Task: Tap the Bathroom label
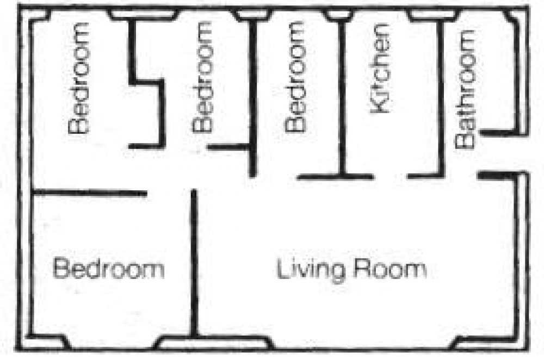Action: (x=465, y=89)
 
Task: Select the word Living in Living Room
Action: (x=311, y=270)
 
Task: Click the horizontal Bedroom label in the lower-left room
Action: (x=108, y=268)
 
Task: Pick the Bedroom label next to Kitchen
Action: (x=295, y=77)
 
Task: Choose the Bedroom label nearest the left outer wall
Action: (x=78, y=78)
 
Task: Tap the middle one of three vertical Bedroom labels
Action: (x=202, y=77)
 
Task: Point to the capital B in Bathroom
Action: (x=465, y=140)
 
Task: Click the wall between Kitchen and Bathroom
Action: (x=441, y=99)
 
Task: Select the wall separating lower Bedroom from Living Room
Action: (x=194, y=263)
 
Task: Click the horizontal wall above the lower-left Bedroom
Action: (x=90, y=193)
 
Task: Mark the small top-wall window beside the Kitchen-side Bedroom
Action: (x=338, y=14)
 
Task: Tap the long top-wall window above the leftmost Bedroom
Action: (x=143, y=15)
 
